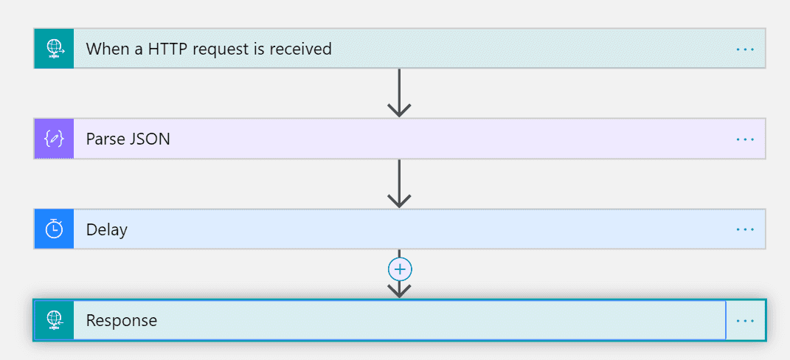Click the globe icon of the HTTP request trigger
click(x=55, y=49)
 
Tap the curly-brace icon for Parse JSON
click(x=54, y=139)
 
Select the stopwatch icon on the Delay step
click(x=54, y=229)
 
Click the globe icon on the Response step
click(x=55, y=320)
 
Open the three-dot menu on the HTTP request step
click(x=745, y=49)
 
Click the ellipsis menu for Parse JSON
click(x=745, y=139)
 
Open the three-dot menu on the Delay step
click(x=745, y=229)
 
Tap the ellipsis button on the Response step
click(x=745, y=320)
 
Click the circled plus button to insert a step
click(x=400, y=270)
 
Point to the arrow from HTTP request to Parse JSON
click(x=399, y=93)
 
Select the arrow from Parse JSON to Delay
click(x=399, y=184)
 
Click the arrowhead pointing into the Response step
click(x=399, y=291)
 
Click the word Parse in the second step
click(x=105, y=139)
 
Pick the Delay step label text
click(x=107, y=230)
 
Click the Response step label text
click(x=122, y=321)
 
